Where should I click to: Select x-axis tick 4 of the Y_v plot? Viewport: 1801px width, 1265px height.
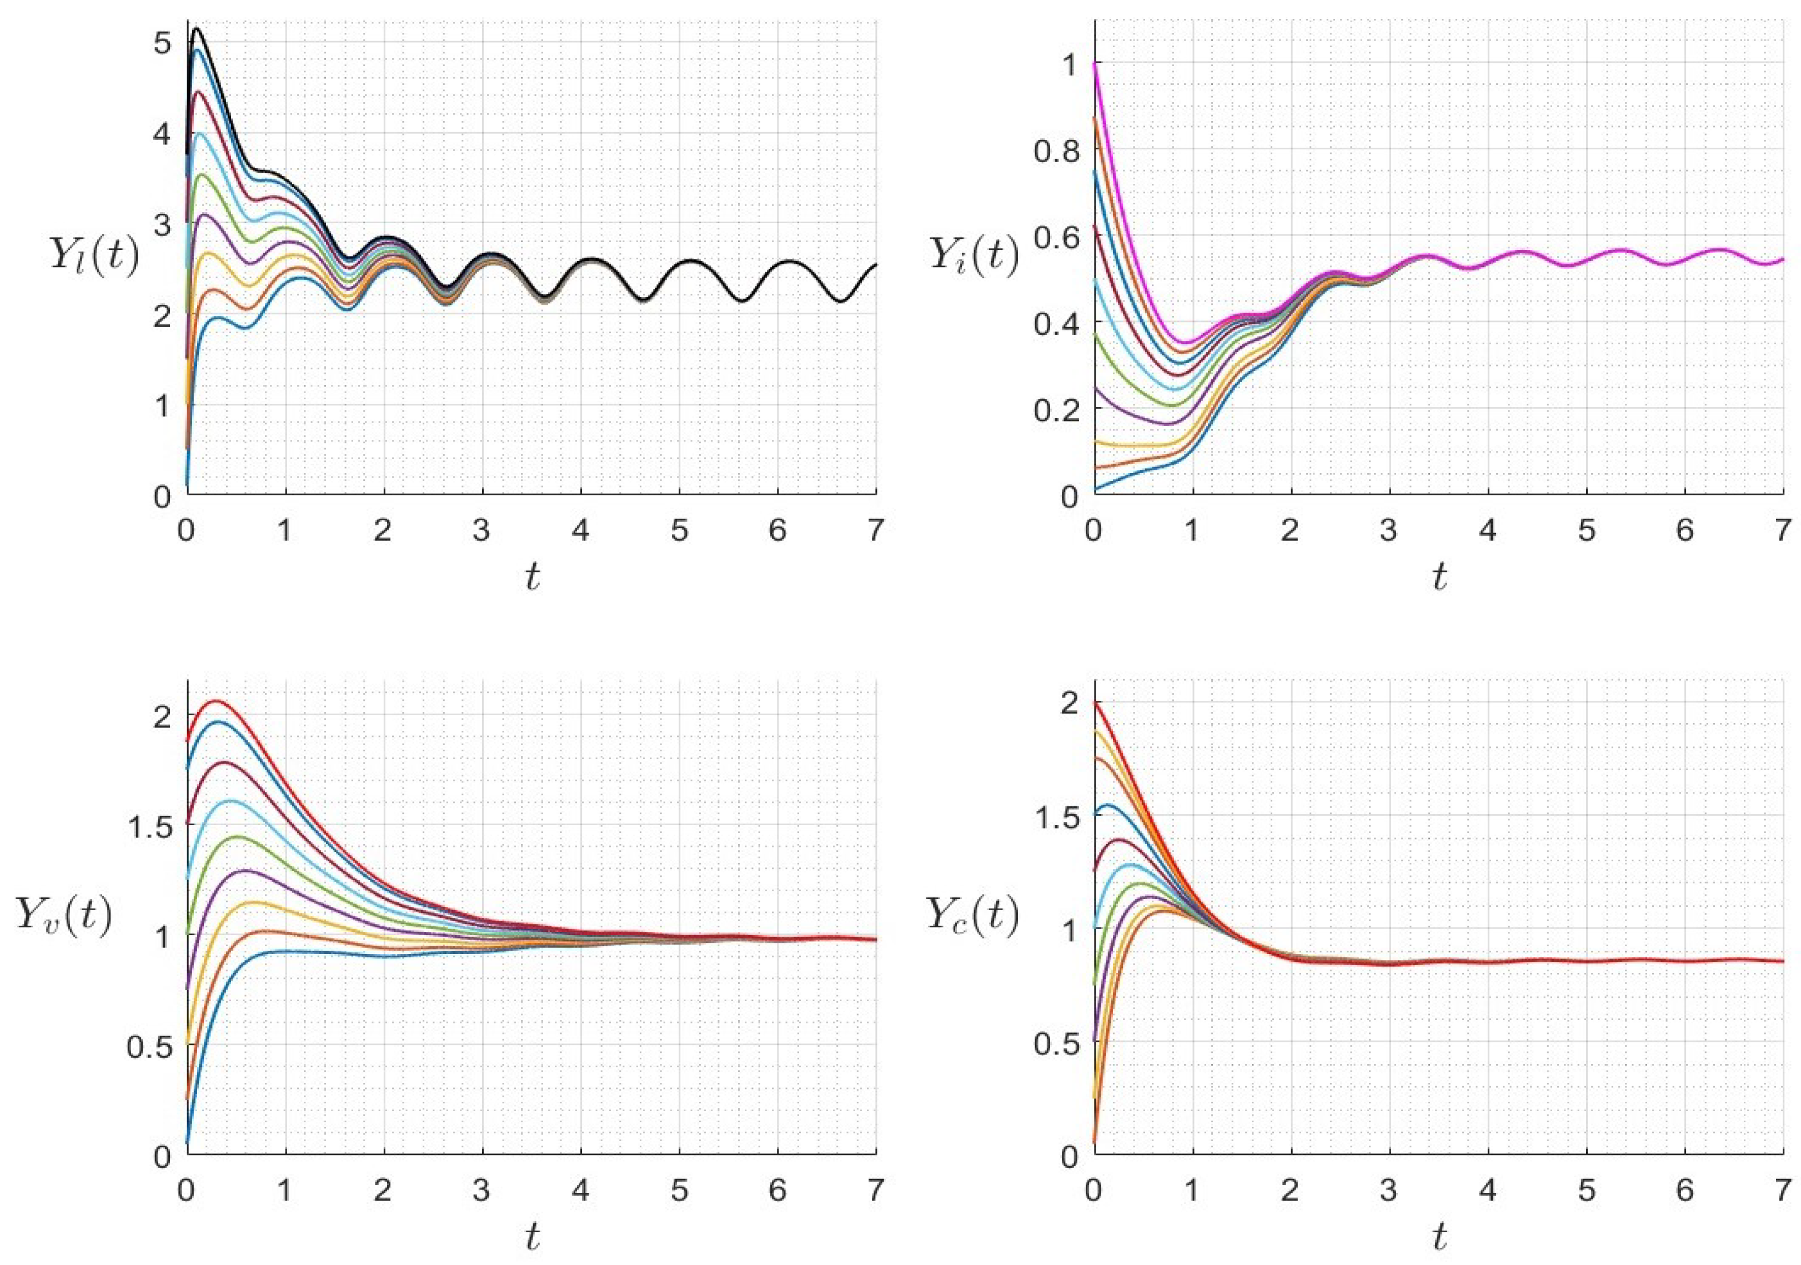pos(580,1191)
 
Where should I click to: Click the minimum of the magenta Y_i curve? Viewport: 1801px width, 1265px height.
pos(1186,343)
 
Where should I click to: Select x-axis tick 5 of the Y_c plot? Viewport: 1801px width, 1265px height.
pos(1586,1191)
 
